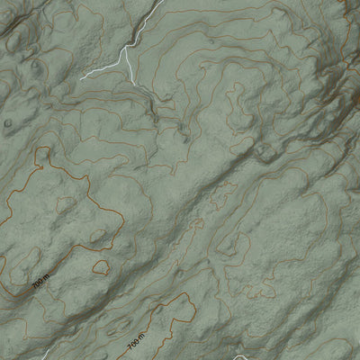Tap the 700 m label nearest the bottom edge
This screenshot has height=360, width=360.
point(137,344)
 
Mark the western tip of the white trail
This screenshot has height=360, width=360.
point(81,78)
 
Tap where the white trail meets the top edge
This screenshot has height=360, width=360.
point(162,1)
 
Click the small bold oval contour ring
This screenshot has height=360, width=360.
point(100,266)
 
